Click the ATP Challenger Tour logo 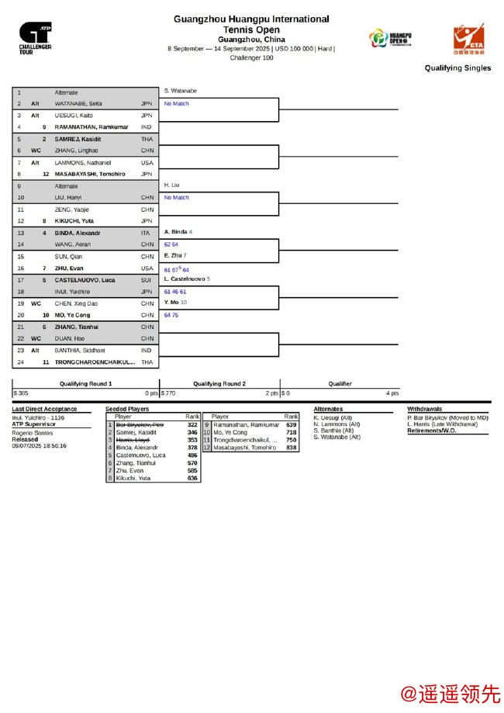[36, 36]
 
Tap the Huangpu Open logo [390, 38]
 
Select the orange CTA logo [468, 39]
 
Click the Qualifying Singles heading [457, 68]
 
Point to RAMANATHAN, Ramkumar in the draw [91, 126]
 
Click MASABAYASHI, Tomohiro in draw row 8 [90, 174]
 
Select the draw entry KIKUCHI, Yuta [74, 221]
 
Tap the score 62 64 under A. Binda [171, 244]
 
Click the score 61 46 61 [175, 292]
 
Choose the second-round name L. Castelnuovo [185, 279]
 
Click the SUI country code [147, 279]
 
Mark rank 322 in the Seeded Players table [192, 425]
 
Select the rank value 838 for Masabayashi [291, 448]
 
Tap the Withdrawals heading [425, 409]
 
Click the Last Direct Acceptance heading [44, 409]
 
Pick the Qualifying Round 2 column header [219, 383]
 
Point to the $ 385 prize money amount [21, 393]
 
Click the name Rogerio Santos [33, 432]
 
